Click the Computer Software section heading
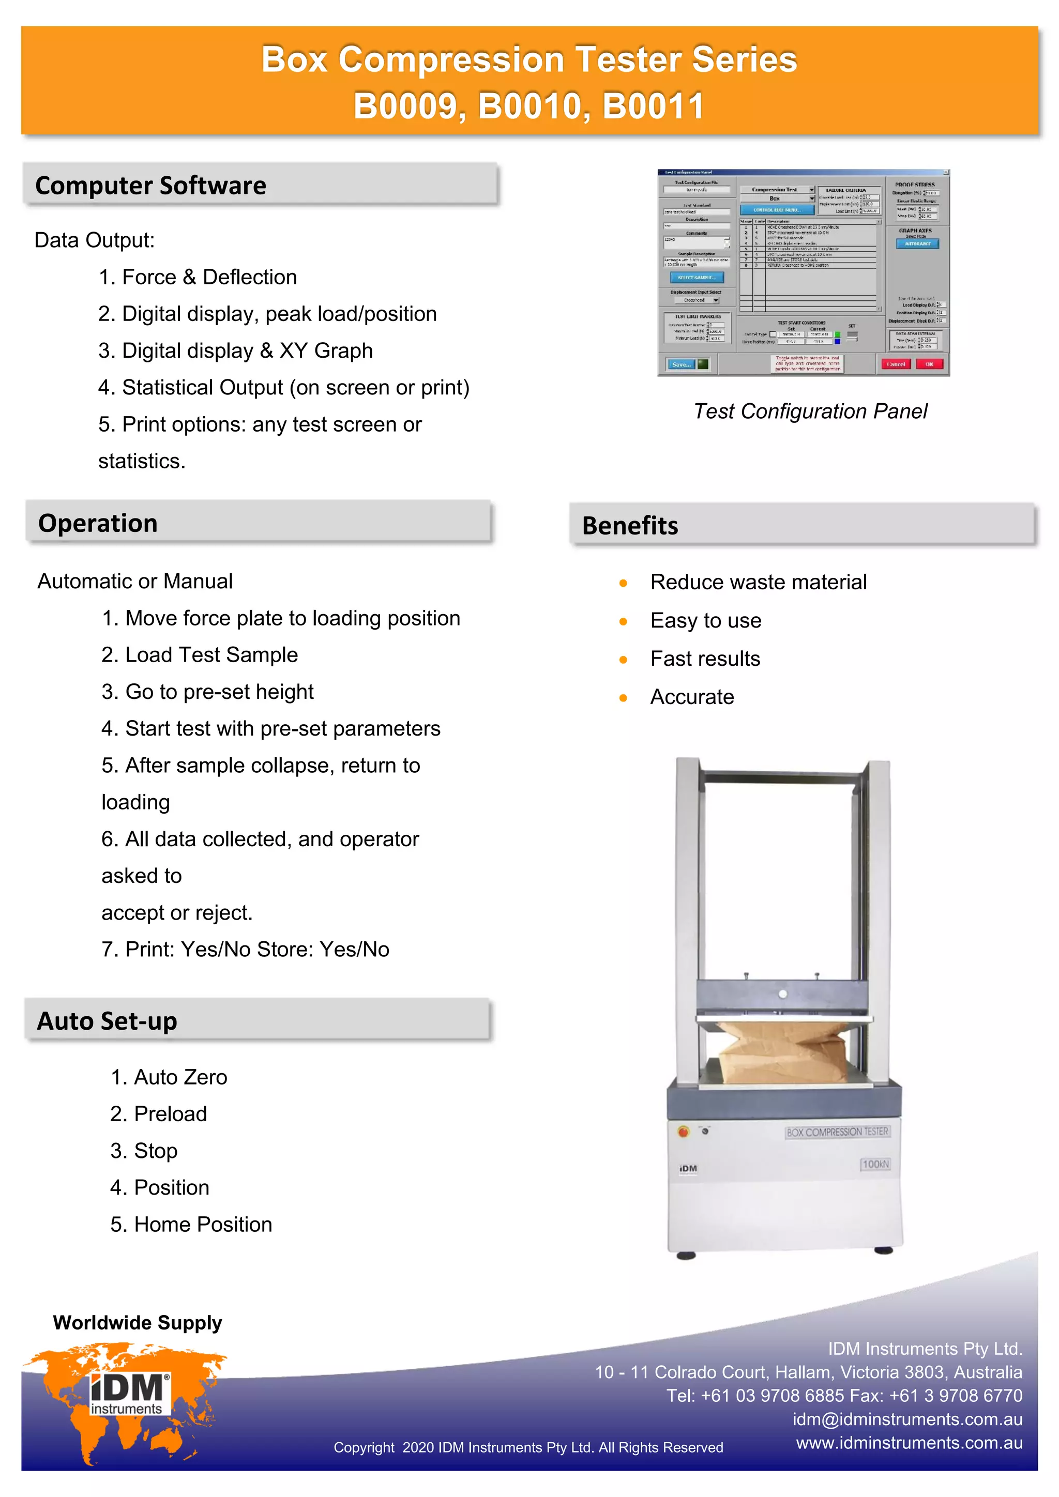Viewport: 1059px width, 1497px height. click(150, 186)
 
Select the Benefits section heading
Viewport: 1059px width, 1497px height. click(630, 526)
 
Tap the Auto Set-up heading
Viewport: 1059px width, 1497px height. click(107, 1021)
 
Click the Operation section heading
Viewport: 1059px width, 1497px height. click(98, 524)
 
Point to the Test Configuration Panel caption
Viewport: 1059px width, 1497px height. click(810, 411)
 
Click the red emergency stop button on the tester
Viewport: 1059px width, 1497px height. click(683, 1132)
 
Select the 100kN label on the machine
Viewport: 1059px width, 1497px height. click(875, 1165)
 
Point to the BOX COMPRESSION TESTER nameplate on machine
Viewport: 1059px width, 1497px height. click(837, 1133)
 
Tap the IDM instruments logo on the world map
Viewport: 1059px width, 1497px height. click(129, 1395)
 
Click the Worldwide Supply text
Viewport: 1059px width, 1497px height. click(138, 1323)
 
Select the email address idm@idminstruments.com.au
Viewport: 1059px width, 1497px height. click(907, 1419)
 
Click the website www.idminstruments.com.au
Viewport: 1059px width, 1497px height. click(909, 1443)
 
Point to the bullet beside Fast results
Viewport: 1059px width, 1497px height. click(624, 660)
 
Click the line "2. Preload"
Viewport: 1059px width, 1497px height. click(158, 1114)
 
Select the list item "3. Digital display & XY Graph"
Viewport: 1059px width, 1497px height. click(235, 351)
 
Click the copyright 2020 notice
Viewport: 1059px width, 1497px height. click(528, 1447)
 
